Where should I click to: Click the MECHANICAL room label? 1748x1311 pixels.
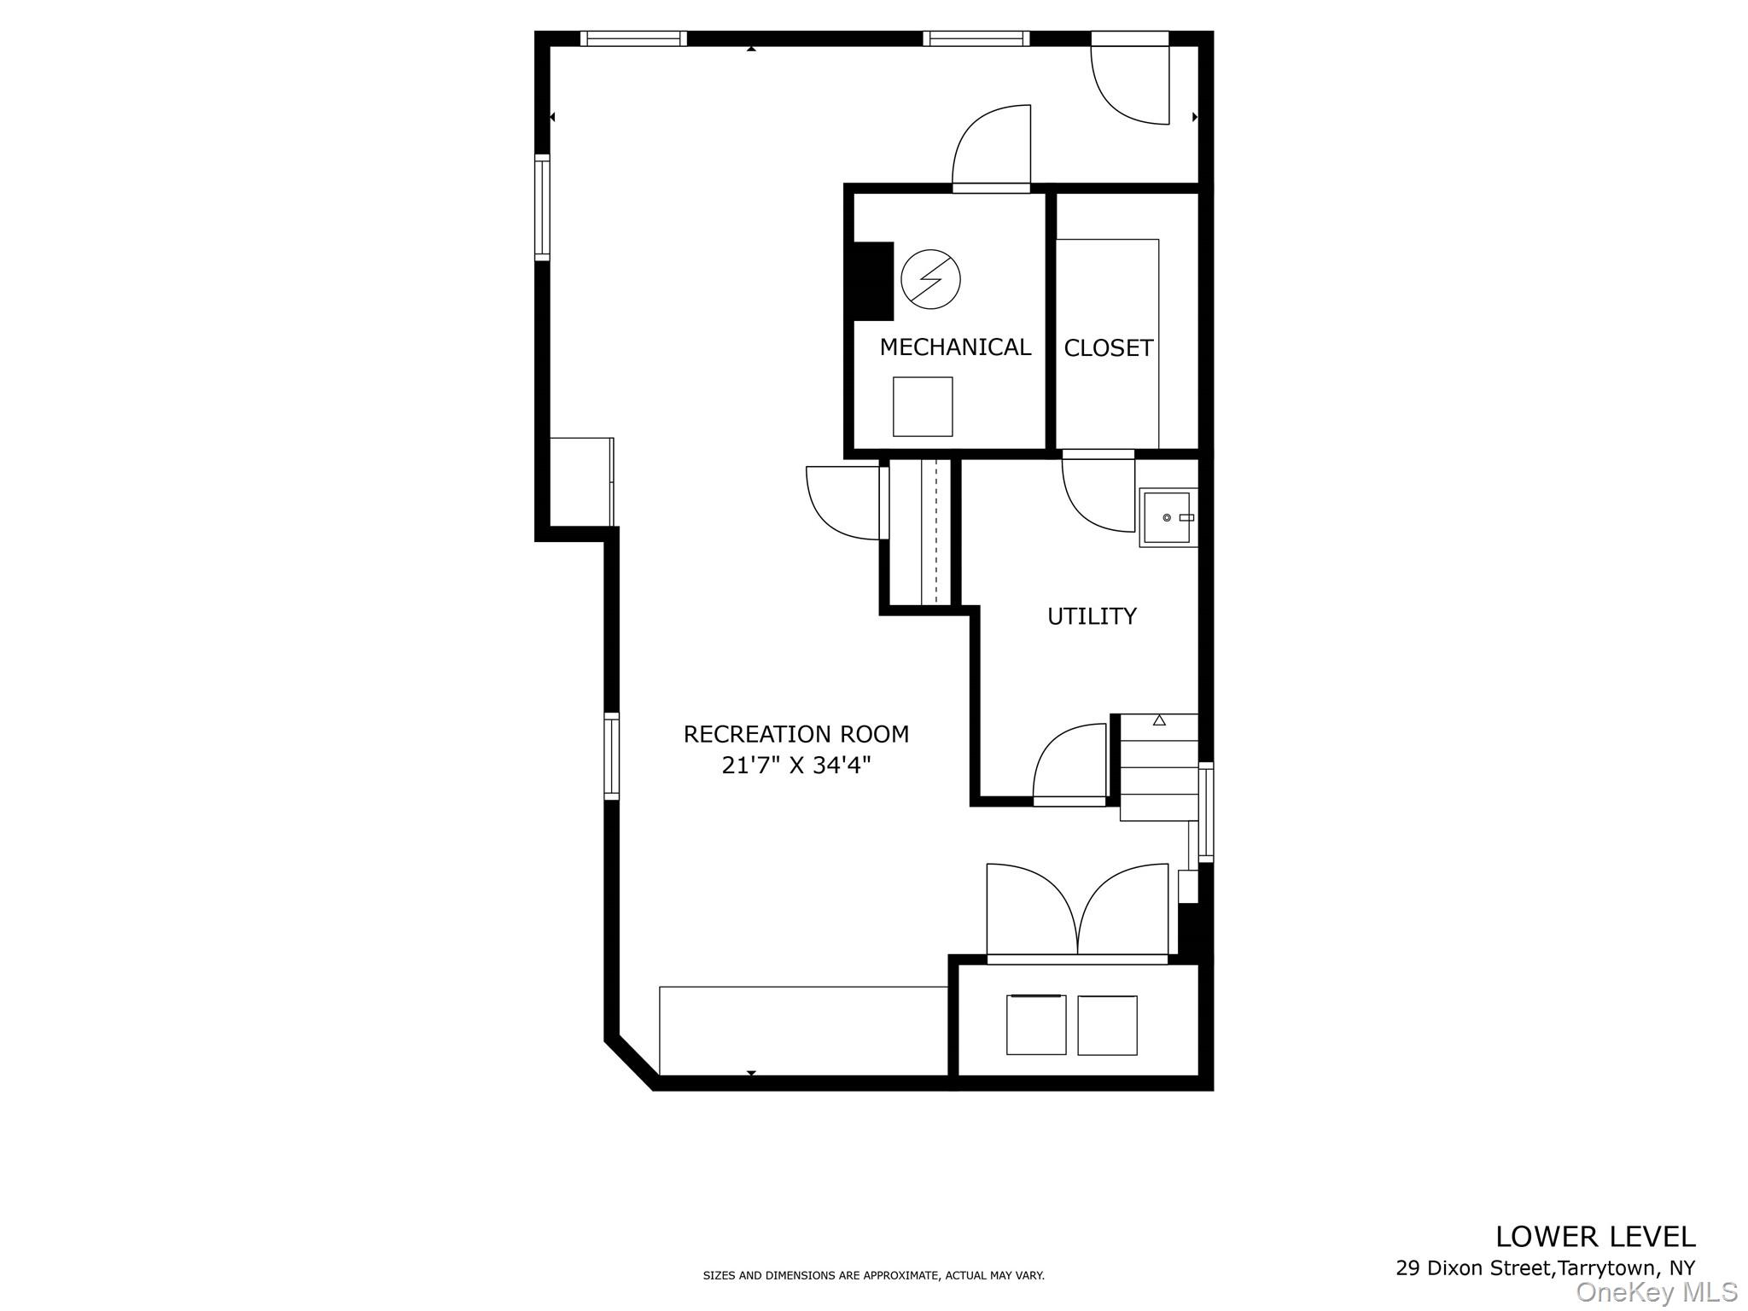[x=955, y=347]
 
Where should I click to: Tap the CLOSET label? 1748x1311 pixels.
[x=1108, y=348]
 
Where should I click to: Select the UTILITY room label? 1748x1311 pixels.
[x=1092, y=616]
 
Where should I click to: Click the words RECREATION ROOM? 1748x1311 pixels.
[x=795, y=734]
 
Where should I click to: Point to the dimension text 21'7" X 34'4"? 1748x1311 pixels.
[x=795, y=766]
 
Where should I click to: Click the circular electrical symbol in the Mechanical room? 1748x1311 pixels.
[x=930, y=279]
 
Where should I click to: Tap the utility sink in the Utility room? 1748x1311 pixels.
[x=1167, y=518]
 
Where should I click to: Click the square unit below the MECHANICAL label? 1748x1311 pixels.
[x=923, y=406]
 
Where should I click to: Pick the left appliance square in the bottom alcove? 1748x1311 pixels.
[x=1036, y=1024]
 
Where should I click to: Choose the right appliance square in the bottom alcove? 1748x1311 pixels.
[x=1107, y=1025]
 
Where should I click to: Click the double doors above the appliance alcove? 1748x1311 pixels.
[x=1077, y=913]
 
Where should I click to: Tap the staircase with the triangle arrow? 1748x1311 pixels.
[x=1158, y=766]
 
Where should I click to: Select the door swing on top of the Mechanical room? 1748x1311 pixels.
[x=992, y=147]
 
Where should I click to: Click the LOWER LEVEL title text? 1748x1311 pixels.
[x=1594, y=1237]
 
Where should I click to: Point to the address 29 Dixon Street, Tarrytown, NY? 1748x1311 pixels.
[x=1545, y=1268]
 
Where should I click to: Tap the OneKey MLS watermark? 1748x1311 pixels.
[x=1656, y=1292]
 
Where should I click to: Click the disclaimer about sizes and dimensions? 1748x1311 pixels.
[x=873, y=1275]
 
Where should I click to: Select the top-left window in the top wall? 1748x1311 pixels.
[x=633, y=38]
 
